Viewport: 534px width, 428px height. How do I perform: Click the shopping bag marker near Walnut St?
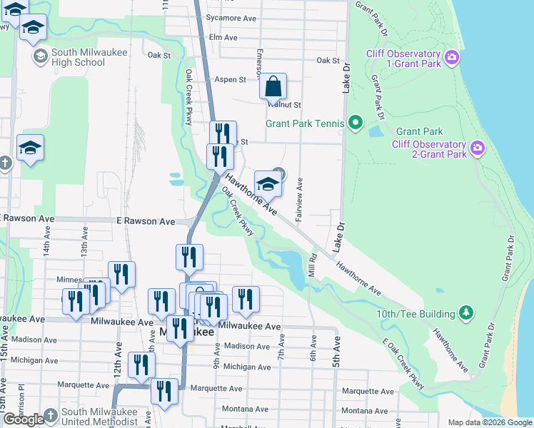click(273, 87)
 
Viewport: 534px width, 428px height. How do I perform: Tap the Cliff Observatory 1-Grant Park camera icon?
click(451, 56)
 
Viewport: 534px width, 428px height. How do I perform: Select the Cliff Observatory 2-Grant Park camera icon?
click(477, 148)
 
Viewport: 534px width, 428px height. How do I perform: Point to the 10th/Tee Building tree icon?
click(466, 313)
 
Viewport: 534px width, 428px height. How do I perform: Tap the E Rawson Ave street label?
click(146, 222)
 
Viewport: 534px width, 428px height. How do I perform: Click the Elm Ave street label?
click(223, 37)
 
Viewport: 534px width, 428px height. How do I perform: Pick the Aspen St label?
click(230, 80)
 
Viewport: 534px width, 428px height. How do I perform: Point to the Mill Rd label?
click(312, 265)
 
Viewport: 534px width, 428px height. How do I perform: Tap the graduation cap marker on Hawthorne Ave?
click(268, 184)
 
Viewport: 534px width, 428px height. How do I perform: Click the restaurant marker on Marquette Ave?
click(164, 392)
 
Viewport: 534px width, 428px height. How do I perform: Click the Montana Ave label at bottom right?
click(364, 411)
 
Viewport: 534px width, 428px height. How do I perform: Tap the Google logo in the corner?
click(24, 419)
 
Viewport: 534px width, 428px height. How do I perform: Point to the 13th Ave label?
click(84, 242)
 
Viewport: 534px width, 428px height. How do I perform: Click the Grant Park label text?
click(420, 131)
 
